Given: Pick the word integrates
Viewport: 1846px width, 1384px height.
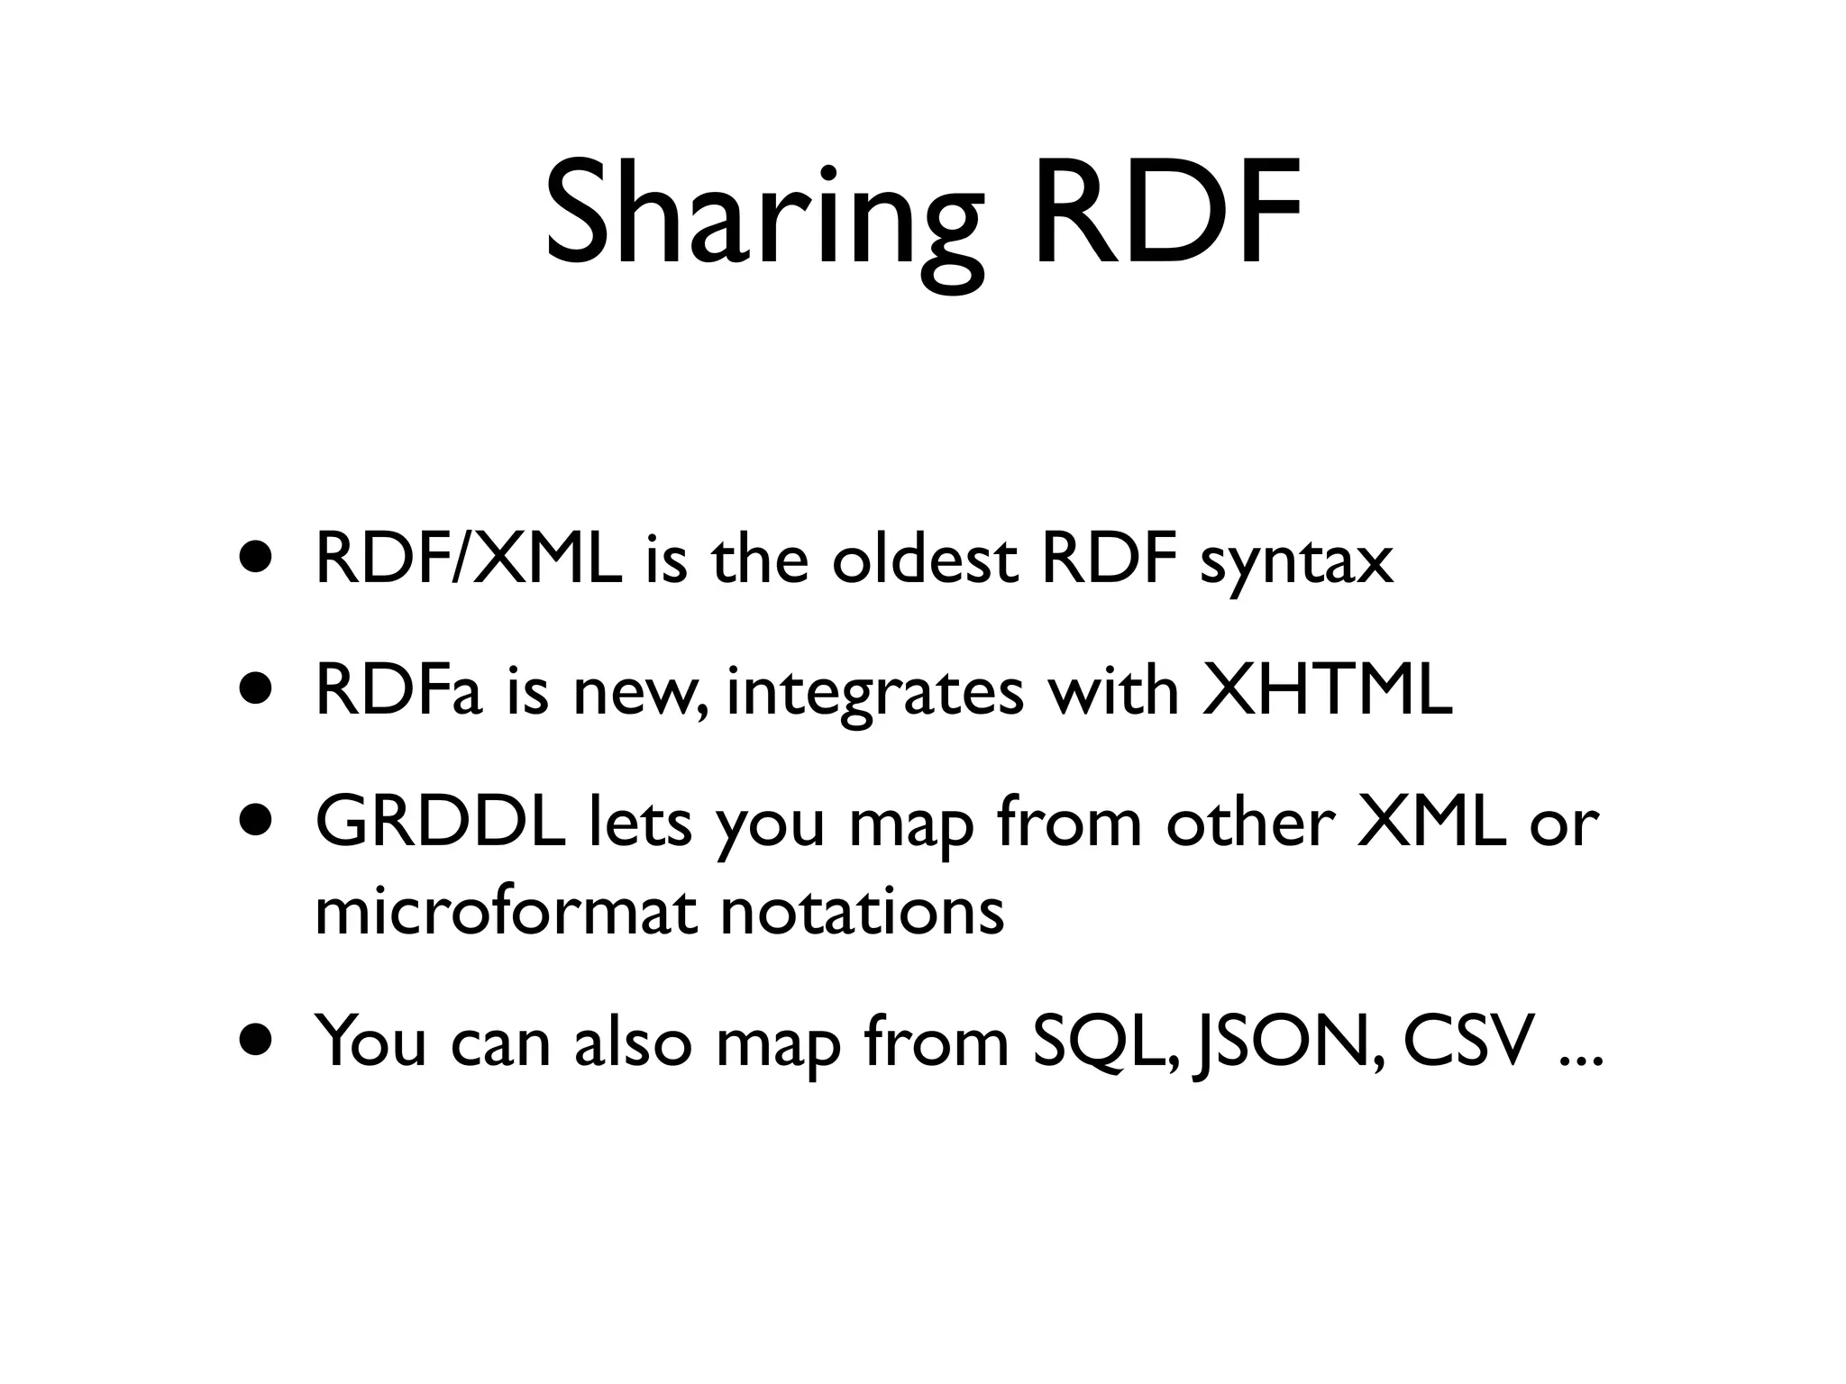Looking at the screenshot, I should (x=874, y=696).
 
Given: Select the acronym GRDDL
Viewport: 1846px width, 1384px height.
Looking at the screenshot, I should (x=441, y=824).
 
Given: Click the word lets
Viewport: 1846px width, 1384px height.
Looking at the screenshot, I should (x=639, y=824).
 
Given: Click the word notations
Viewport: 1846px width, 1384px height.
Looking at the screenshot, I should (x=862, y=912).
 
